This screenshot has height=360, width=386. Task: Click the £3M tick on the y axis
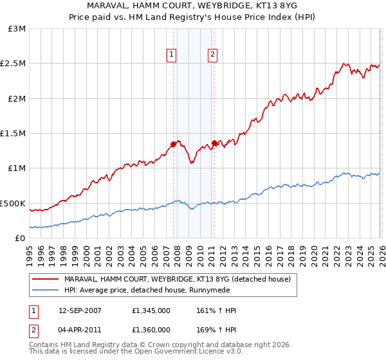click(x=17, y=29)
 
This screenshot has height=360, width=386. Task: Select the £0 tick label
click(x=21, y=238)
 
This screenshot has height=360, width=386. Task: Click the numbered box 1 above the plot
click(x=172, y=55)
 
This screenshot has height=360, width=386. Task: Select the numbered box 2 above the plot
click(x=212, y=55)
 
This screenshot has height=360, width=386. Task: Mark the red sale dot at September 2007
click(x=173, y=144)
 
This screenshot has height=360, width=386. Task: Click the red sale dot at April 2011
click(x=214, y=143)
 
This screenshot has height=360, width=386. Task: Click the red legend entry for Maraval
click(x=178, y=279)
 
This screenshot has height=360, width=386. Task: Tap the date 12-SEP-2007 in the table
click(x=80, y=310)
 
